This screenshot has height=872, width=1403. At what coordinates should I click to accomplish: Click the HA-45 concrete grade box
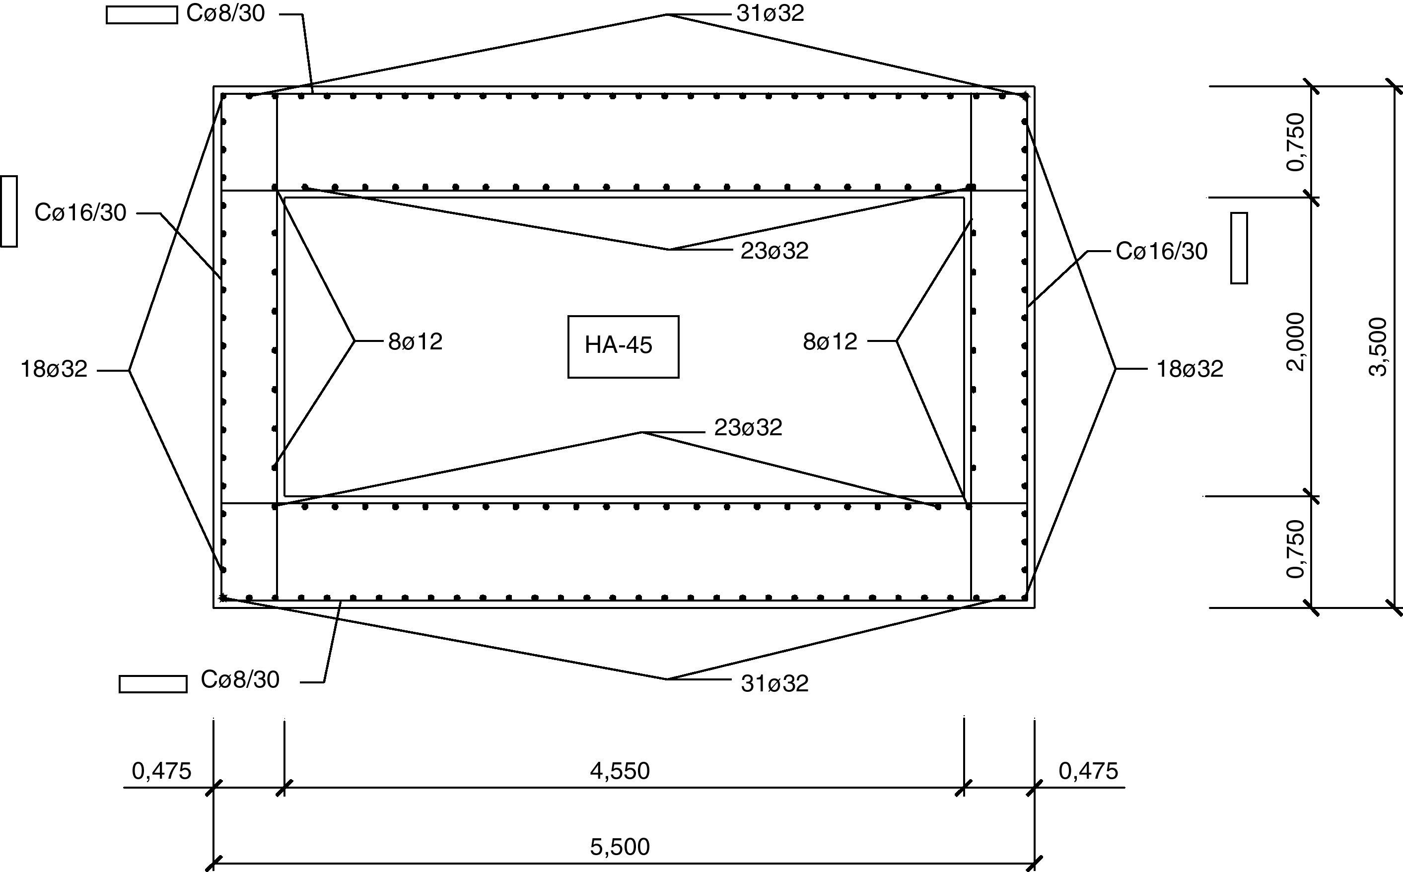(623, 346)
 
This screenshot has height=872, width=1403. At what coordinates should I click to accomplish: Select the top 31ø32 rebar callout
(770, 14)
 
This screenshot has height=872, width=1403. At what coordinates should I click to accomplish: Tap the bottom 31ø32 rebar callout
(774, 684)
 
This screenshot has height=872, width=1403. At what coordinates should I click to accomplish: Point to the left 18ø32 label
(54, 369)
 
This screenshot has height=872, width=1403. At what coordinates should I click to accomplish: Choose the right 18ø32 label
(1190, 369)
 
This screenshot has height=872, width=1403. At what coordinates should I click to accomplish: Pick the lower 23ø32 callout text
(748, 428)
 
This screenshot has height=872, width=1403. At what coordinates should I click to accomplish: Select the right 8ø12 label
(830, 342)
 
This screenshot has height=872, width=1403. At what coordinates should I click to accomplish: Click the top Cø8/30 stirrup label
(225, 14)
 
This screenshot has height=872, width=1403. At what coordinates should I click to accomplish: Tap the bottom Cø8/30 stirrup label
(240, 680)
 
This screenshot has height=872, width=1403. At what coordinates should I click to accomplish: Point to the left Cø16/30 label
(80, 213)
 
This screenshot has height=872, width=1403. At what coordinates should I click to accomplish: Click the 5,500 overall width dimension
(620, 847)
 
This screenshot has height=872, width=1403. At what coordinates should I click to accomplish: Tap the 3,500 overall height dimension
(1378, 346)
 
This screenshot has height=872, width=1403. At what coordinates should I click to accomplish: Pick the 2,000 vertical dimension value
(1296, 342)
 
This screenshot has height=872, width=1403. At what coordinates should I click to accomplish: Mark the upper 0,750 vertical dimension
(1296, 142)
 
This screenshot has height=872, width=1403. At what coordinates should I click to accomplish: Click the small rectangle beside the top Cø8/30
(142, 15)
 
